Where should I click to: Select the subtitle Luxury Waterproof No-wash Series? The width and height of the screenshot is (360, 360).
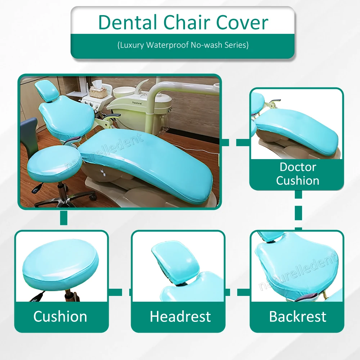[x=183, y=45]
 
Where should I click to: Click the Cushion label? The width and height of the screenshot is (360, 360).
[x=60, y=316]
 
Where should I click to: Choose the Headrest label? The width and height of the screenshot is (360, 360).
[x=180, y=316]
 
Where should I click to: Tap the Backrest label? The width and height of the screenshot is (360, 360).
[x=297, y=316]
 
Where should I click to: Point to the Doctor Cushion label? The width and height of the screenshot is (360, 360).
[x=297, y=174]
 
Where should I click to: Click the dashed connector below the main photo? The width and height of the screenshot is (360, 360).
[x=64, y=218]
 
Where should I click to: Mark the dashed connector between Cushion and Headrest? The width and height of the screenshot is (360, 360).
[x=120, y=292]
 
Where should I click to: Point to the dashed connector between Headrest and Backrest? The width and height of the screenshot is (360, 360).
[x=238, y=292]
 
